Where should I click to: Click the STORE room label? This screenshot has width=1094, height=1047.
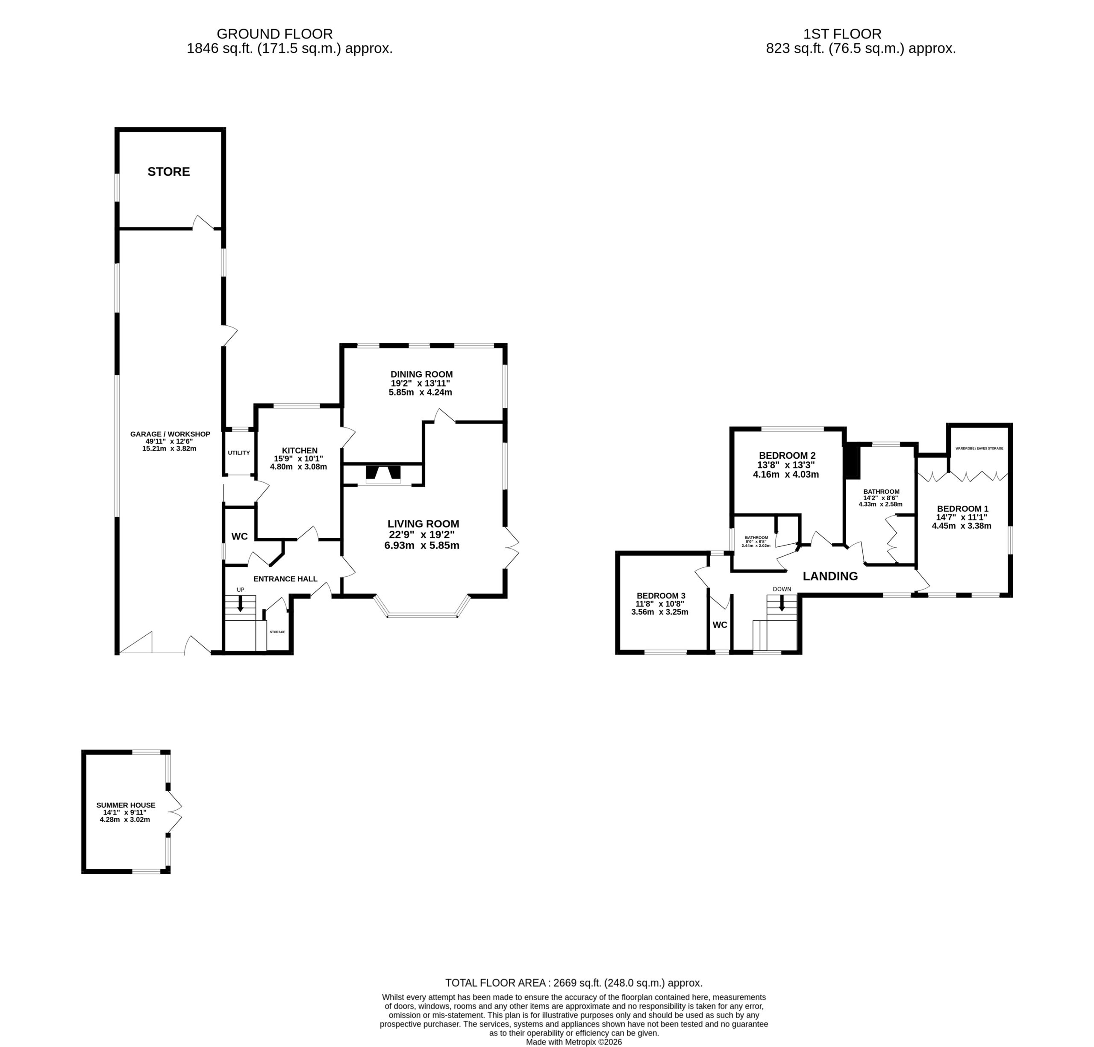tap(168, 171)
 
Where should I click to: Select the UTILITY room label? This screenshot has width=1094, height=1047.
tap(239, 453)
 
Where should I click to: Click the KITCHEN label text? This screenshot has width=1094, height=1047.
tap(300, 450)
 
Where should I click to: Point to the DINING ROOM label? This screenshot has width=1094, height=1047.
tap(421, 374)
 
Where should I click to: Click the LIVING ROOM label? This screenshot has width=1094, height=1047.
tap(423, 523)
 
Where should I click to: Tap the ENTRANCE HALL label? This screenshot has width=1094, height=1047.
tap(285, 579)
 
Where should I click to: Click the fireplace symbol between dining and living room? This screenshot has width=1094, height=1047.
tap(383, 473)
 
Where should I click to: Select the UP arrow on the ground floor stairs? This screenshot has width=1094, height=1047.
tap(241, 603)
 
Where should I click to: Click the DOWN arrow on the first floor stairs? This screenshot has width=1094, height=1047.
tap(781, 603)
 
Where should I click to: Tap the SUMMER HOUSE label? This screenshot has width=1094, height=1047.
tap(126, 805)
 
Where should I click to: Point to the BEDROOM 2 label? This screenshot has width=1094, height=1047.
tap(787, 455)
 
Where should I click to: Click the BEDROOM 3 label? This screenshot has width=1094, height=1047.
tap(661, 596)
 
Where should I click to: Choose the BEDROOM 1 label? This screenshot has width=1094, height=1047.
tap(962, 508)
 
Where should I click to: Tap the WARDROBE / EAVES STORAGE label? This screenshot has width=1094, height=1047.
tap(979, 448)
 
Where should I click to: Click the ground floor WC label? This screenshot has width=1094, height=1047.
tap(239, 537)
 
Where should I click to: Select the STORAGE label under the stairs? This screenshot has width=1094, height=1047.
tap(277, 632)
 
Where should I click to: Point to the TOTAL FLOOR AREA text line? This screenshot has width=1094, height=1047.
tap(573, 983)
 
